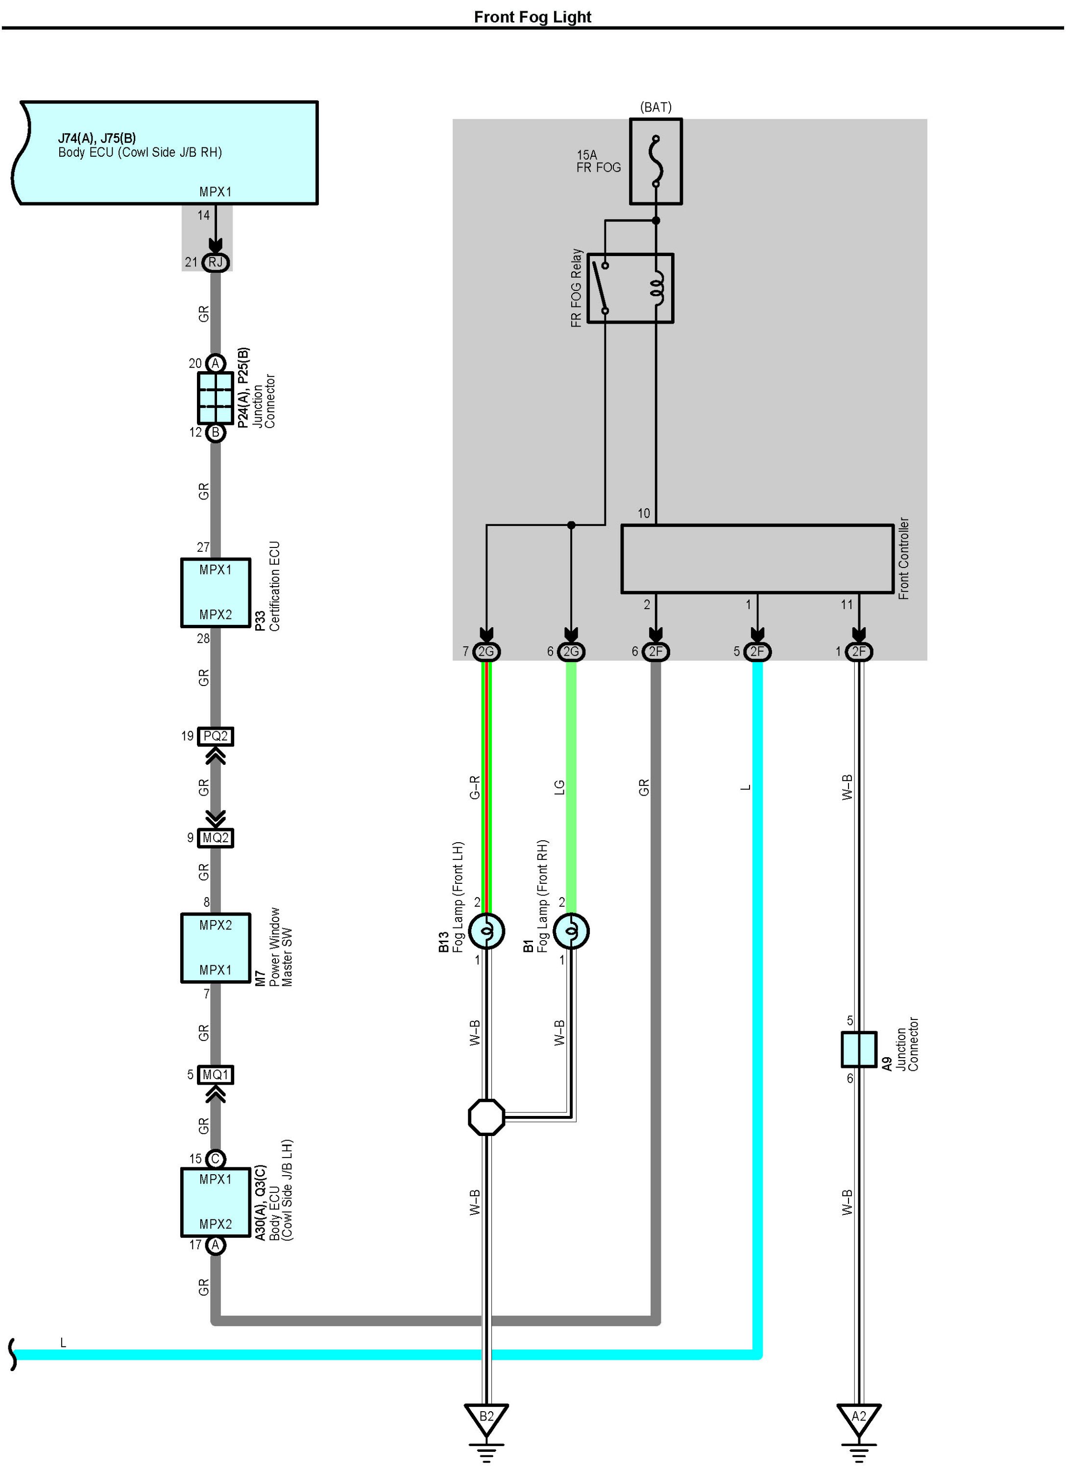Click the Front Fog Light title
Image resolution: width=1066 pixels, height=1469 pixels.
point(532,17)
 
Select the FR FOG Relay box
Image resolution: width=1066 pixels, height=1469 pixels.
point(630,288)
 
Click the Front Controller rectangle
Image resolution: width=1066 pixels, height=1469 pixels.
point(757,558)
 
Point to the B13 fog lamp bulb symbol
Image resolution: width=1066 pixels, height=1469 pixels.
point(486,931)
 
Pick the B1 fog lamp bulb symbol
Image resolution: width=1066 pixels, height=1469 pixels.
point(571,931)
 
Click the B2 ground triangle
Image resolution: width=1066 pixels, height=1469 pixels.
point(486,1417)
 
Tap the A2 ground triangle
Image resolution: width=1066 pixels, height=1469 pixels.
point(859,1417)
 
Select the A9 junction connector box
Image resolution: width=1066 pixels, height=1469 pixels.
point(859,1049)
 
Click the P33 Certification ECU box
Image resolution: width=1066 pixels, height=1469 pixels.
point(215,592)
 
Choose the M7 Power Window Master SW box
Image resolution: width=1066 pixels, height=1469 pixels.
point(215,948)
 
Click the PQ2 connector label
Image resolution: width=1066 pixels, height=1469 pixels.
point(215,736)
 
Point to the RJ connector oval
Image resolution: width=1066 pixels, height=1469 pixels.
point(216,262)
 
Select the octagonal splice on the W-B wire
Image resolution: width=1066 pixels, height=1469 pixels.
point(486,1116)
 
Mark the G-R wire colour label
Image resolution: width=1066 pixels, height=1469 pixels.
point(474,787)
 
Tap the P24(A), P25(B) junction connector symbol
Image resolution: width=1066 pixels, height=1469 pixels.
point(215,397)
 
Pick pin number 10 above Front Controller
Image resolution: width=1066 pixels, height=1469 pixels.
point(644,513)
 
